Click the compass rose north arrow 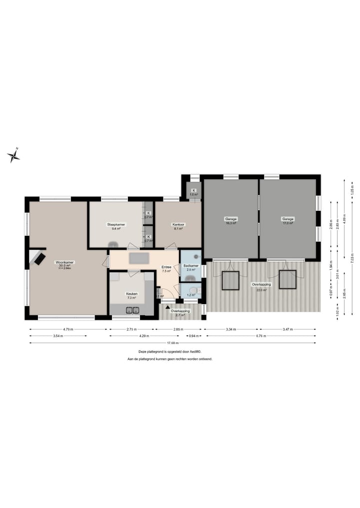click(x=14, y=156)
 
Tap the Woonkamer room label click(x=65, y=262)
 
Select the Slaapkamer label click(x=116, y=225)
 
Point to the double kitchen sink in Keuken click(x=133, y=310)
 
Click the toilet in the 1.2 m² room click(x=197, y=290)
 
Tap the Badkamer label click(x=191, y=266)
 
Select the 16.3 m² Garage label click(x=230, y=219)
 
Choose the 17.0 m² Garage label click(x=287, y=219)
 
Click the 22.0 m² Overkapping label click(x=261, y=284)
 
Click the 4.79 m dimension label click(x=68, y=329)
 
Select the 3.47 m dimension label click(x=287, y=329)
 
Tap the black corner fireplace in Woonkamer click(x=38, y=258)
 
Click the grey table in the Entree click(x=139, y=258)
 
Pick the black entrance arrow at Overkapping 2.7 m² click(x=167, y=308)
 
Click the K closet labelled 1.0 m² click(x=193, y=192)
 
